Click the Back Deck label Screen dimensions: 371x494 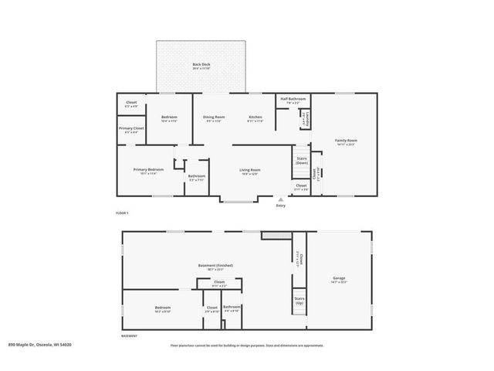pyautogui.click(x=201, y=66)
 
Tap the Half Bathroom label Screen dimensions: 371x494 pyautogui.click(x=293, y=100)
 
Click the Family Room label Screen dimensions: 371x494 pyautogui.click(x=345, y=141)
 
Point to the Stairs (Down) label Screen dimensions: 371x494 pyautogui.click(x=301, y=161)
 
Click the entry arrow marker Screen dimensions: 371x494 pyautogui.click(x=280, y=199)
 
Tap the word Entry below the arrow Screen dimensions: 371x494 pyautogui.click(x=280, y=206)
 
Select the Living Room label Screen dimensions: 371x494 pyautogui.click(x=249, y=171)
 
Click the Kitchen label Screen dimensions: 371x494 pyautogui.click(x=255, y=117)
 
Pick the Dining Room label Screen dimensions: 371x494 pyautogui.click(x=214, y=117)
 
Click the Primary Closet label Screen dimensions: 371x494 pyautogui.click(x=131, y=129)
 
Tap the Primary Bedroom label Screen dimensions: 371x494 pyautogui.click(x=148, y=171)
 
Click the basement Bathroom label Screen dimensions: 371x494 pyautogui.click(x=232, y=308)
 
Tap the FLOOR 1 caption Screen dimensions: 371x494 pyautogui.click(x=122, y=212)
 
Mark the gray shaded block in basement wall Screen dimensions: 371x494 pyautogui.click(x=274, y=234)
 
